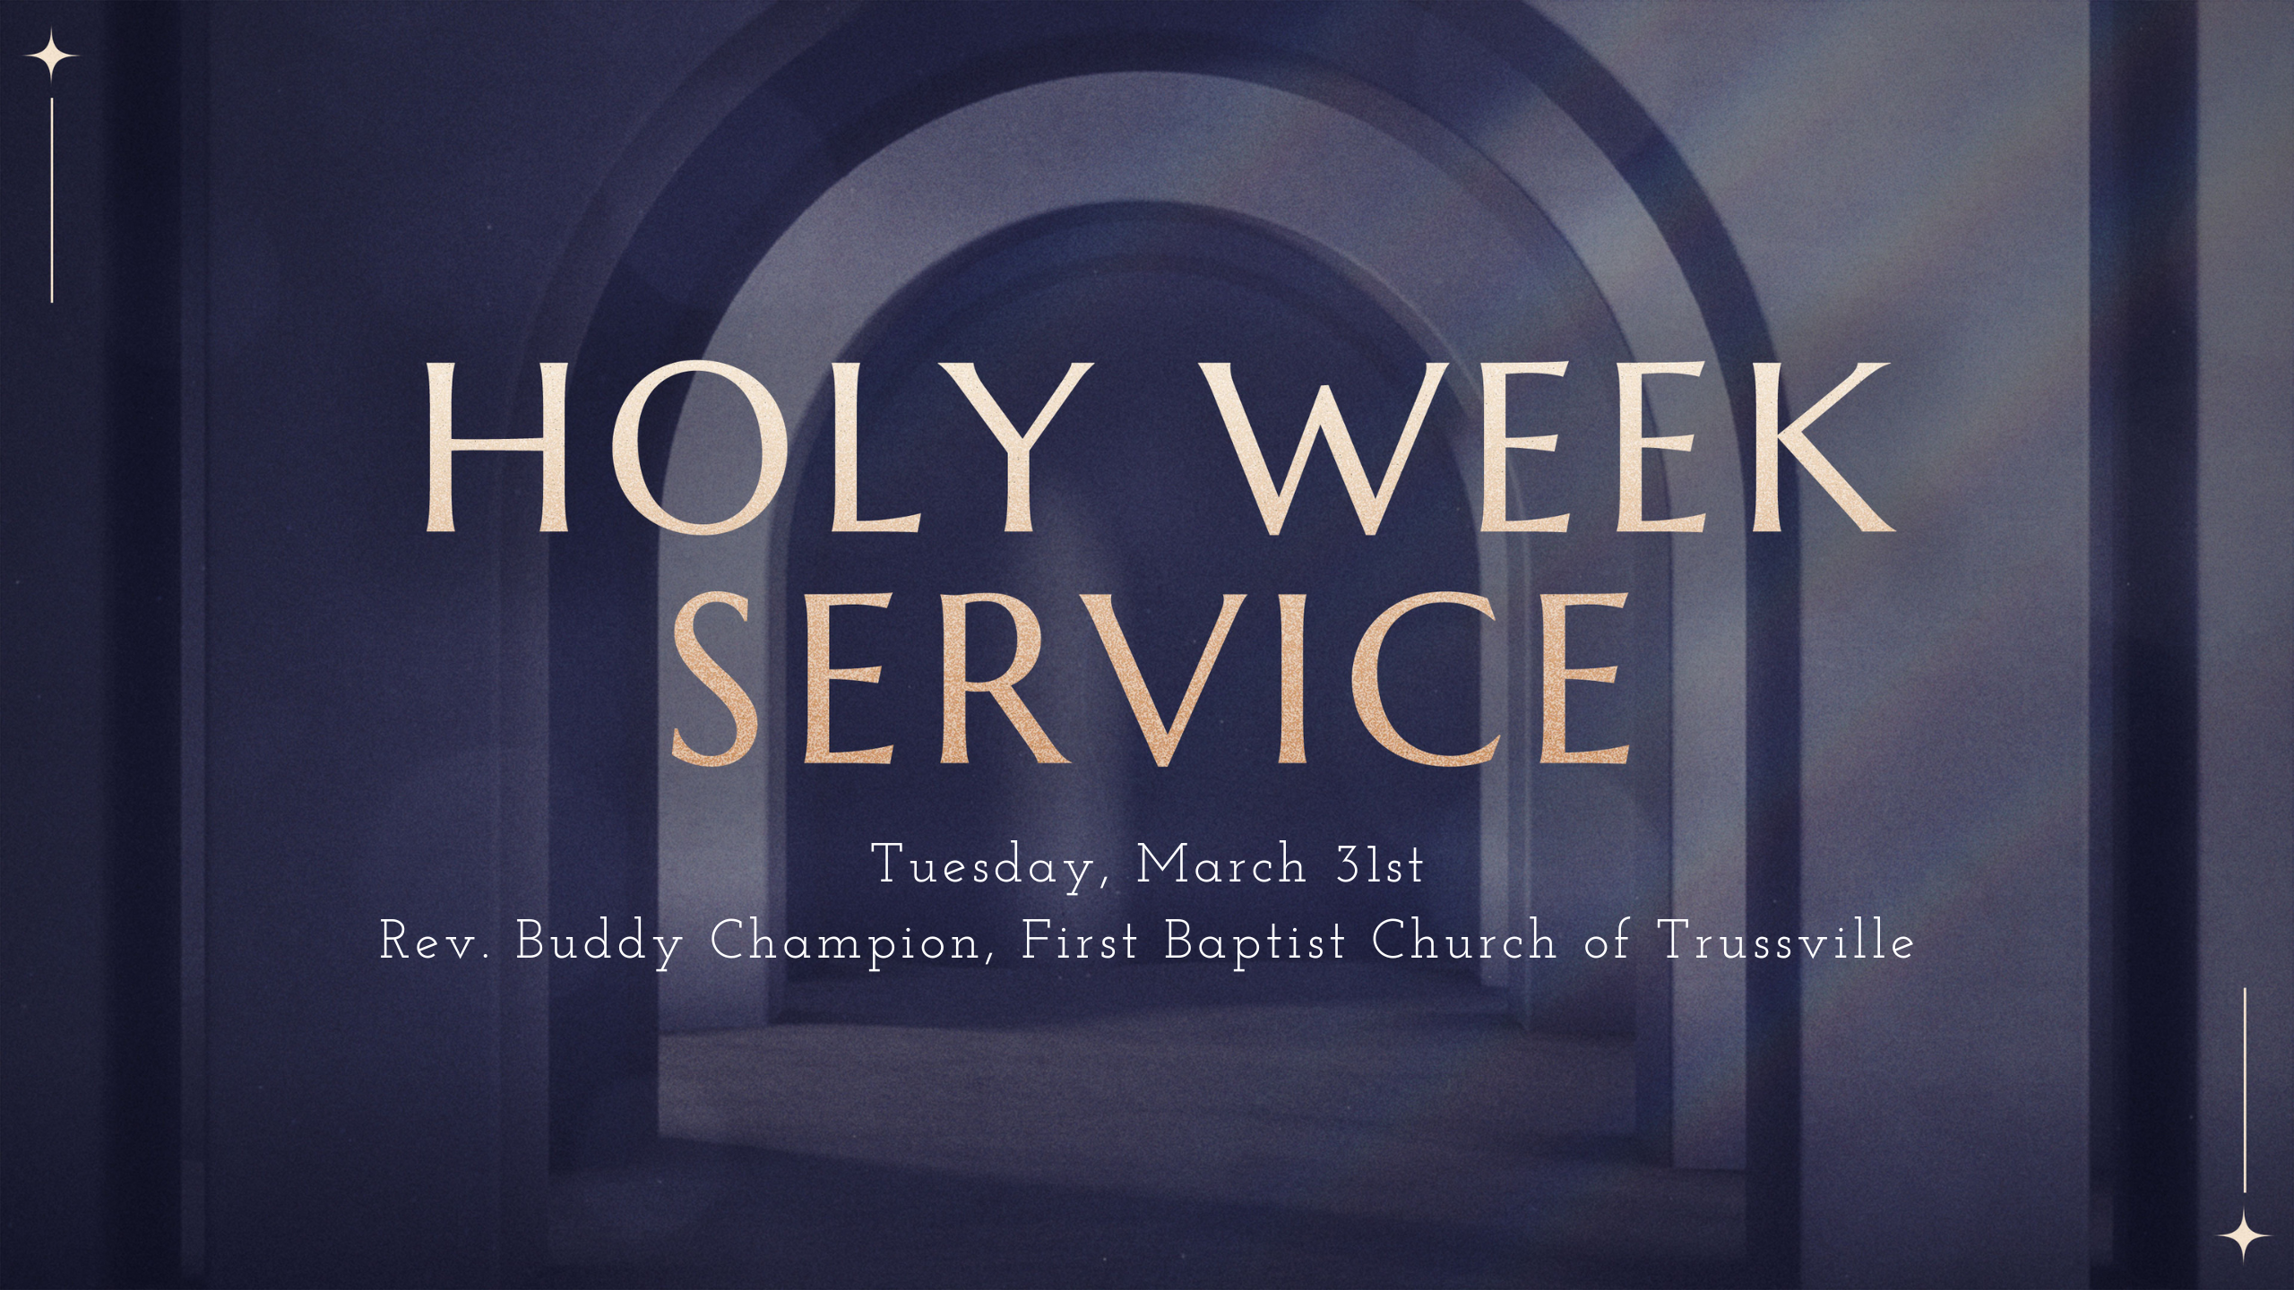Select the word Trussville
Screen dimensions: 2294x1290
(x=1787, y=942)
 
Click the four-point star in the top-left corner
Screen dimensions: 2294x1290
(x=51, y=56)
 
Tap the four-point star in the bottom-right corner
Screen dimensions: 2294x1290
(x=2245, y=1235)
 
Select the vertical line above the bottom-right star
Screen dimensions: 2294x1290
(x=2245, y=1090)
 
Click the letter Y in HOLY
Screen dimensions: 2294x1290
(x=998, y=447)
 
